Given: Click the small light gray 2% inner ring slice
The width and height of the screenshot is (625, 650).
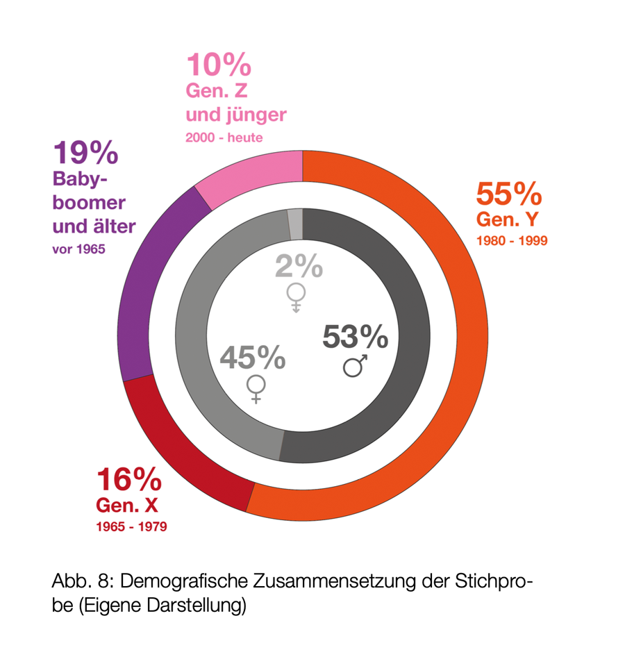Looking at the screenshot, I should click(295, 222).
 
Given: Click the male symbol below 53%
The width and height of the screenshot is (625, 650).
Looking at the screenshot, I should click(356, 365).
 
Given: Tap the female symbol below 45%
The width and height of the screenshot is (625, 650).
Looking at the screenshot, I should click(256, 389).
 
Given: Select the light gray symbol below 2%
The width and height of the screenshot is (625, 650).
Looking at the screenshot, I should click(296, 297).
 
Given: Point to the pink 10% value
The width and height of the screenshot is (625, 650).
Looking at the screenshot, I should click(218, 66).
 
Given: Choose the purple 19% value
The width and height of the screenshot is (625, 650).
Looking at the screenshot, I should click(85, 152).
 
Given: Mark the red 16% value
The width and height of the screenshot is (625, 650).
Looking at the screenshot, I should click(128, 480).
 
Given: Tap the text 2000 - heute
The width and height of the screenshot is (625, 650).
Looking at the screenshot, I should click(224, 137).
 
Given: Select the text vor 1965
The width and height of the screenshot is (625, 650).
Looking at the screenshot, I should click(79, 249).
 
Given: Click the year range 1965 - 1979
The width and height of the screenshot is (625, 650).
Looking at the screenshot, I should click(131, 526).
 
